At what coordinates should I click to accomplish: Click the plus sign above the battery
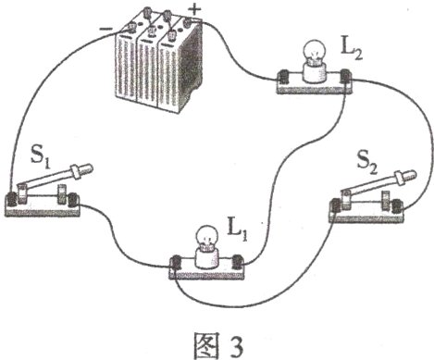[x=194, y=9]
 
